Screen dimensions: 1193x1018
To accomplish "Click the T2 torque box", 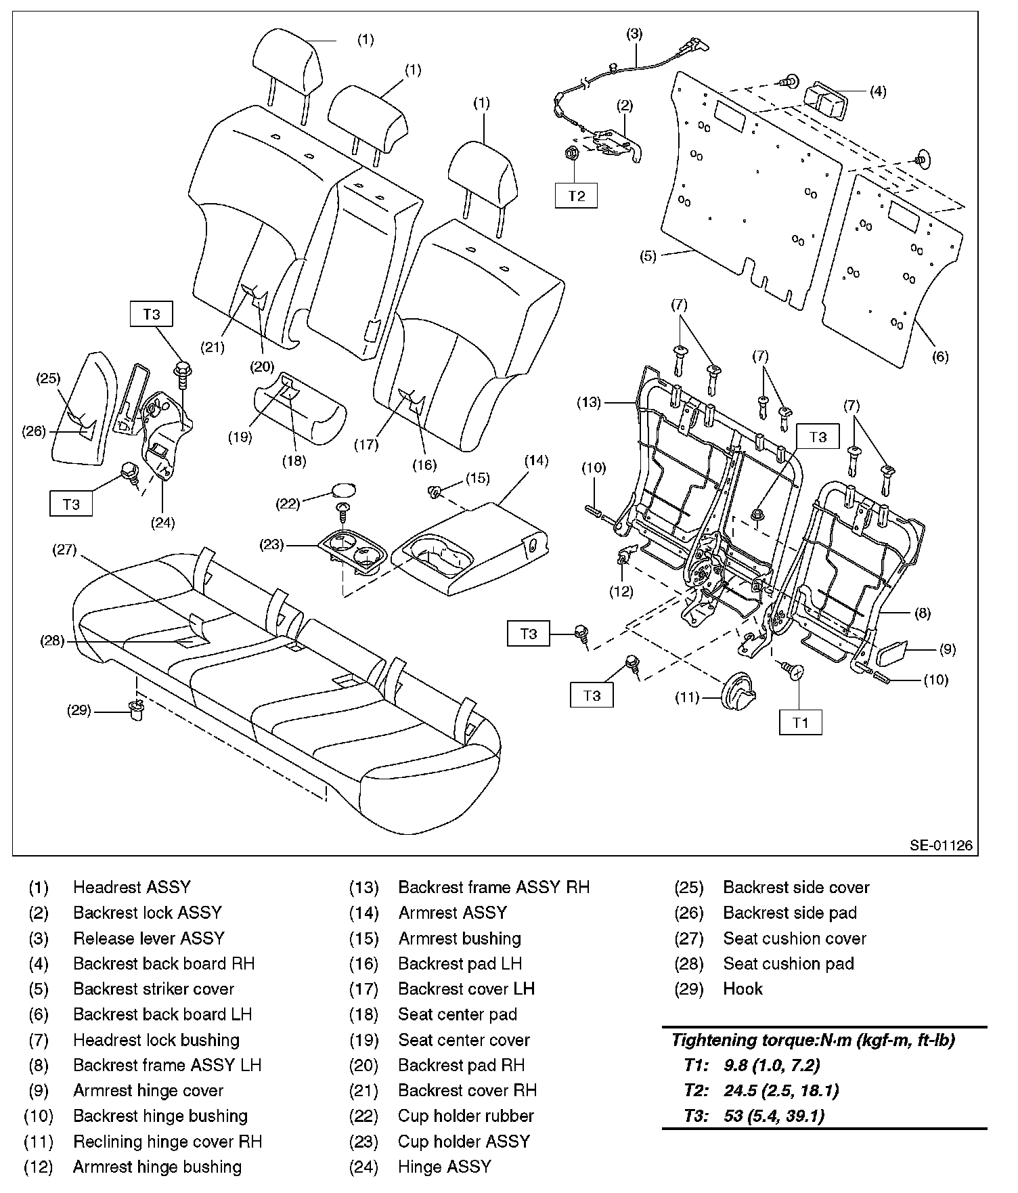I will [576, 196].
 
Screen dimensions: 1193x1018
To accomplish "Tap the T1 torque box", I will [800, 722].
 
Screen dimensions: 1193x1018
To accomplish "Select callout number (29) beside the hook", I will [80, 710].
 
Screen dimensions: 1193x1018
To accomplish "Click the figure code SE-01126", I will [941, 844].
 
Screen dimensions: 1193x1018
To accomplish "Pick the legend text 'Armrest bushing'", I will [460, 938].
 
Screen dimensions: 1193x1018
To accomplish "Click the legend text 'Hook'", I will [743, 989].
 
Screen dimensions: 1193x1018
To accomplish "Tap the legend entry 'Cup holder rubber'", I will [466, 1116].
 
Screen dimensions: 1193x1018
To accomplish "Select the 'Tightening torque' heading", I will [812, 1040].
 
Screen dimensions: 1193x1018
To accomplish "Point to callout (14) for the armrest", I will [537, 461].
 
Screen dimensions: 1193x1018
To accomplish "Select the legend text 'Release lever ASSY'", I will [148, 938].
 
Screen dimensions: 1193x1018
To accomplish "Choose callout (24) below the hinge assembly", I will [163, 522].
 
